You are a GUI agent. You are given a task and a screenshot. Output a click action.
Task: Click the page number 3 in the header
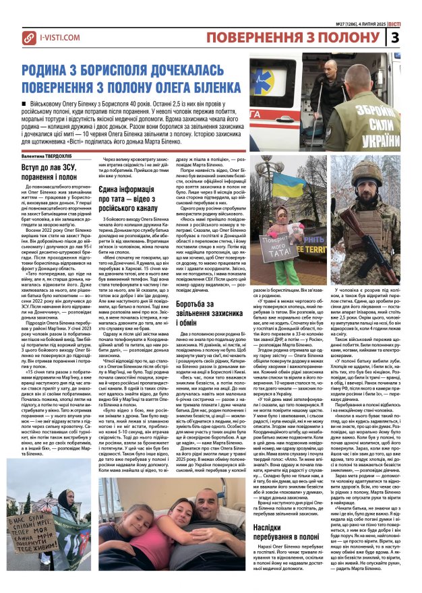click(413, 36)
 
